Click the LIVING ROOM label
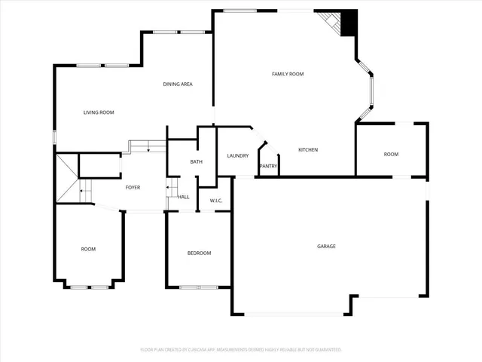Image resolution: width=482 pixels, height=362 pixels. pyautogui.click(x=98, y=112)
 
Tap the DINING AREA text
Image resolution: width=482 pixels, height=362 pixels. pyautogui.click(x=178, y=84)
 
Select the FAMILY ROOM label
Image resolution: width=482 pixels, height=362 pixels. pyautogui.click(x=288, y=74)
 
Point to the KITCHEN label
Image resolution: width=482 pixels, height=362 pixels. pyautogui.click(x=308, y=150)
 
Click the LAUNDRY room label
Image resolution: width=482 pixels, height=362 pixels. pyautogui.click(x=238, y=155)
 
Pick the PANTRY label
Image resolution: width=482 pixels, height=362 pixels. pyautogui.click(x=268, y=166)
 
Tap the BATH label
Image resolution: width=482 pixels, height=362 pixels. pyautogui.click(x=196, y=161)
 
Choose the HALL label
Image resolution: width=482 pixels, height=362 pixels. pyautogui.click(x=184, y=197)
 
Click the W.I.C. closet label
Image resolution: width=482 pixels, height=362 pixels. pyautogui.click(x=215, y=200)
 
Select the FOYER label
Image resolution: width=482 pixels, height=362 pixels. pyautogui.click(x=133, y=187)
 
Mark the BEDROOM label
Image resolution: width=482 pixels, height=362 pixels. pyautogui.click(x=199, y=253)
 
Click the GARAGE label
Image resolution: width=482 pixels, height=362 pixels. pyautogui.click(x=326, y=247)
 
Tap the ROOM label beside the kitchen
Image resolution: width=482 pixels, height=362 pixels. pyautogui.click(x=391, y=154)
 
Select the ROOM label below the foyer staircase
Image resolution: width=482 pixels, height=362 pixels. pyautogui.click(x=89, y=249)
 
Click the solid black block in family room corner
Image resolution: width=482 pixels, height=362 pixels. pyautogui.click(x=349, y=23)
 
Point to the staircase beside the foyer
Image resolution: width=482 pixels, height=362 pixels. pyautogui.click(x=72, y=181)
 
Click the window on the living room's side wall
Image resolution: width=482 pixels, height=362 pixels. pyautogui.click(x=53, y=137)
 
